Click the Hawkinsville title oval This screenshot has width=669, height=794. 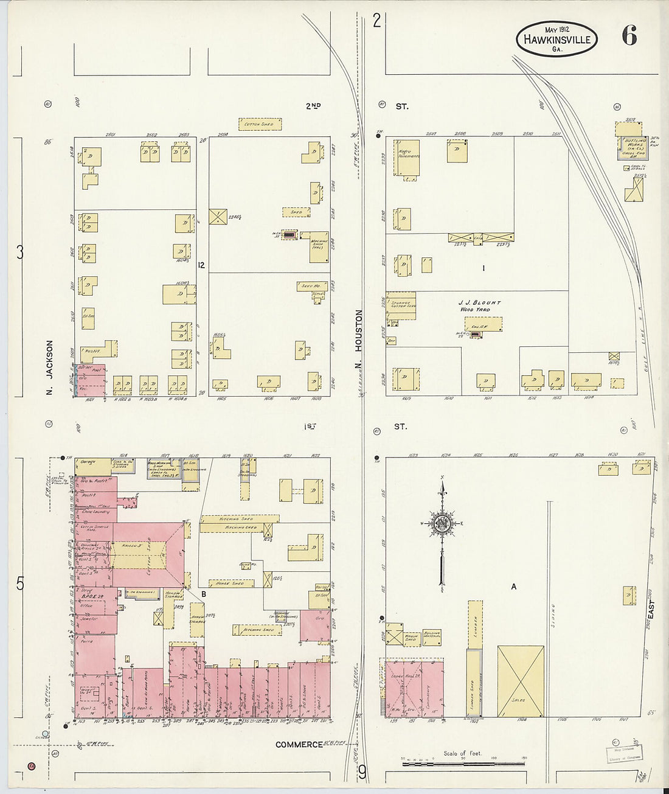click(x=556, y=40)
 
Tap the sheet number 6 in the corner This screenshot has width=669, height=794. click(x=629, y=37)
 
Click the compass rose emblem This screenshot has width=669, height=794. click(x=442, y=523)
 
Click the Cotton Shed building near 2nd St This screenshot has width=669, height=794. click(x=260, y=124)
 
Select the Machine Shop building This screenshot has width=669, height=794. click(x=317, y=246)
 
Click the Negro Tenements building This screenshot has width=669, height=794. click(x=406, y=157)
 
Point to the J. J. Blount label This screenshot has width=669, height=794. click(x=480, y=302)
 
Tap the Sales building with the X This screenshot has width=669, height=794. click(x=521, y=681)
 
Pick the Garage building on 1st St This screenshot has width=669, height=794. click(x=86, y=467)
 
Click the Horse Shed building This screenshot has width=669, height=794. click(x=230, y=583)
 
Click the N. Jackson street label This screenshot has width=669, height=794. click(x=49, y=368)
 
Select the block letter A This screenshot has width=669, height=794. click(x=514, y=587)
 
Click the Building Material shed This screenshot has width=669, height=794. click(x=432, y=636)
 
